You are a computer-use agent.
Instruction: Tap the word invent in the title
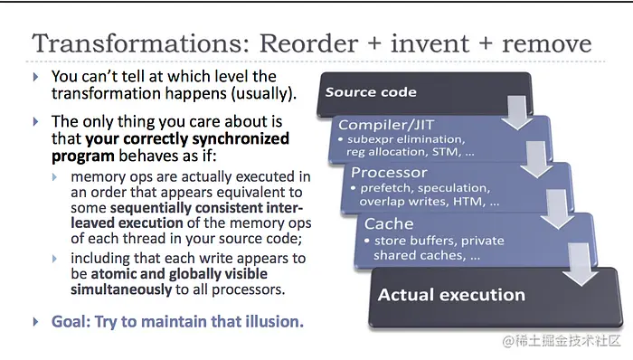point(430,43)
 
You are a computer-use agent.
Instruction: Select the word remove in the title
point(546,44)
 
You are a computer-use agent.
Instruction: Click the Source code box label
point(371,92)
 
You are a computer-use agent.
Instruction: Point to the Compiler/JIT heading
point(386,125)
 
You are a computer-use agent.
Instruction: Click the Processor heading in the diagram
point(389,173)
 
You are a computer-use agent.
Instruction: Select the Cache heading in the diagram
point(389,224)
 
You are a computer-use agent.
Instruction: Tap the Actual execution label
point(451,295)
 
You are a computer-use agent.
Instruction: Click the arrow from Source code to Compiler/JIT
point(516,112)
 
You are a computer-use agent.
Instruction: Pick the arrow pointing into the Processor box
point(536,160)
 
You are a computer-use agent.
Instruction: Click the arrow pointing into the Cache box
point(557,210)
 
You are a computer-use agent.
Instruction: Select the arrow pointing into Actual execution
point(580,265)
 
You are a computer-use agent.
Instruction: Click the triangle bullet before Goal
point(36,322)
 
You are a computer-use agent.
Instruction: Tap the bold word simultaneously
point(121,289)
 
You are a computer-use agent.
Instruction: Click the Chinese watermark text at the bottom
point(562,341)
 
